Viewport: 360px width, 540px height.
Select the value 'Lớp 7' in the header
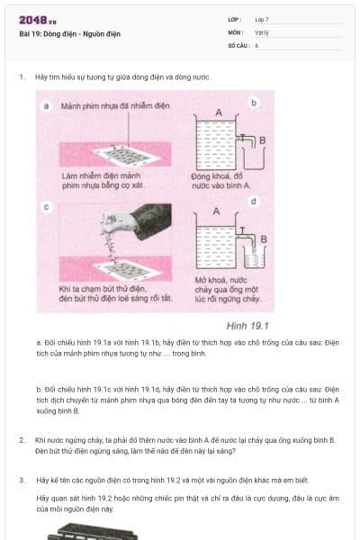262,19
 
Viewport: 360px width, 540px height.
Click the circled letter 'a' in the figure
47,105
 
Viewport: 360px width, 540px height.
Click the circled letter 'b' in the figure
254,103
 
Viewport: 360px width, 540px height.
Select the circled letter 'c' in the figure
46,206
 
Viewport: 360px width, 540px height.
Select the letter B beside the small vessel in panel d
263,239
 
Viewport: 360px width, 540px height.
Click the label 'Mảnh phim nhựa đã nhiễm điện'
115,106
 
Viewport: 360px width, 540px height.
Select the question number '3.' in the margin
22,480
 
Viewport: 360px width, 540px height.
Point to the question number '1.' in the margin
22,77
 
